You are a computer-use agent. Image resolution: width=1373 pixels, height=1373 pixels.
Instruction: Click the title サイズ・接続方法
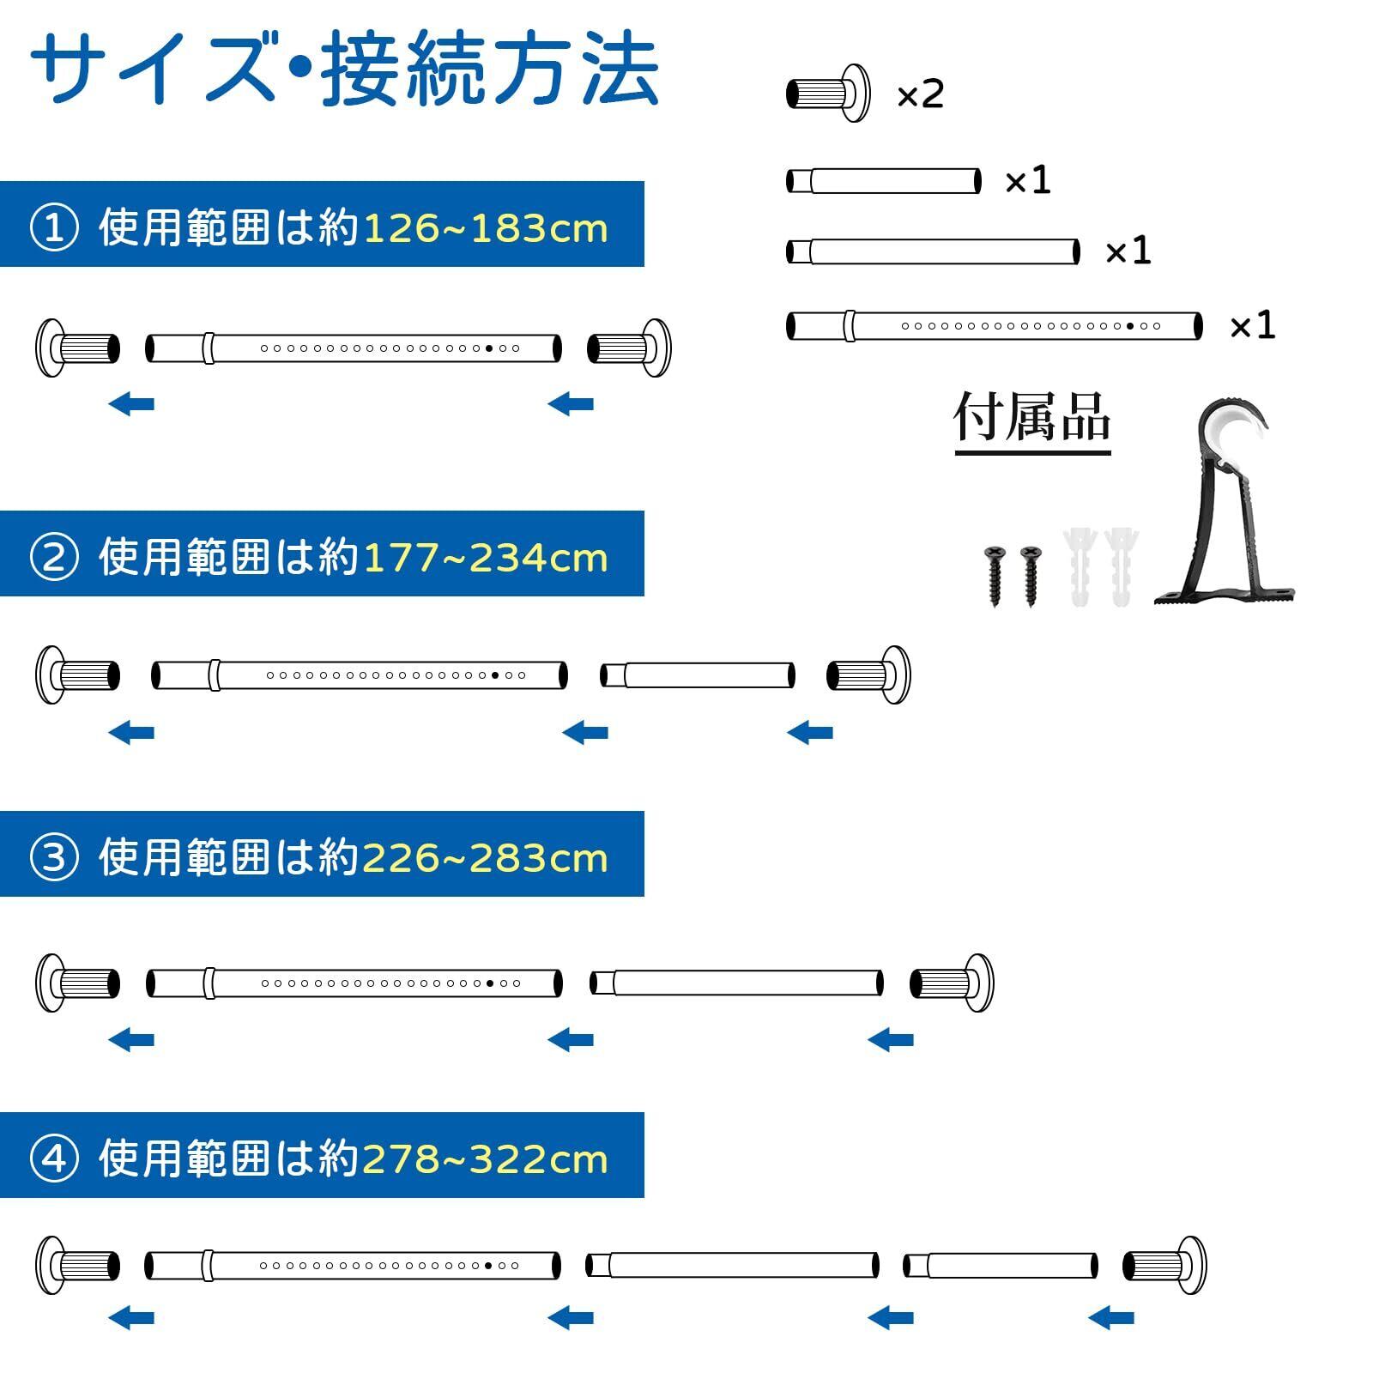point(343,70)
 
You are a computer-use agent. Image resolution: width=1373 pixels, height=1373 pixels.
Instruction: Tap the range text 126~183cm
point(486,229)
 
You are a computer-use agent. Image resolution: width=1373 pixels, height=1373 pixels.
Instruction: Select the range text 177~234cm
point(486,559)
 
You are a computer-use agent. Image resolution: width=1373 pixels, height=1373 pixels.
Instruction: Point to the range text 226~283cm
point(486,858)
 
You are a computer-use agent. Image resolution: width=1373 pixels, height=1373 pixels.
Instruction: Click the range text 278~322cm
point(486,1159)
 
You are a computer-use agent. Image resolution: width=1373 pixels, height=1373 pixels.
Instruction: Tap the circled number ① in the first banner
point(54,229)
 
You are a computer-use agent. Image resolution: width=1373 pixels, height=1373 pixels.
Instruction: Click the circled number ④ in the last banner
point(54,1159)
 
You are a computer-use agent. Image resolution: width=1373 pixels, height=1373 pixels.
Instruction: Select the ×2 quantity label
point(920,94)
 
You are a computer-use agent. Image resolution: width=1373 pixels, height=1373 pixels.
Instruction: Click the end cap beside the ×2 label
point(827,93)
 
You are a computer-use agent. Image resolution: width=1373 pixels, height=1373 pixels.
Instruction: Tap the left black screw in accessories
point(995,575)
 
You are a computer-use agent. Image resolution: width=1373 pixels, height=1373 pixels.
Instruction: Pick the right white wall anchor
point(1122,566)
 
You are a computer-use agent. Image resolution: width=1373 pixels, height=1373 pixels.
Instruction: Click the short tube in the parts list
point(883,181)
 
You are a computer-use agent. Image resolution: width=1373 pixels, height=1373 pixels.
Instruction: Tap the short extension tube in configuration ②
point(697,675)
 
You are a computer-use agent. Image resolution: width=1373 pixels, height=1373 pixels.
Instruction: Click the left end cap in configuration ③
point(77,983)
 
